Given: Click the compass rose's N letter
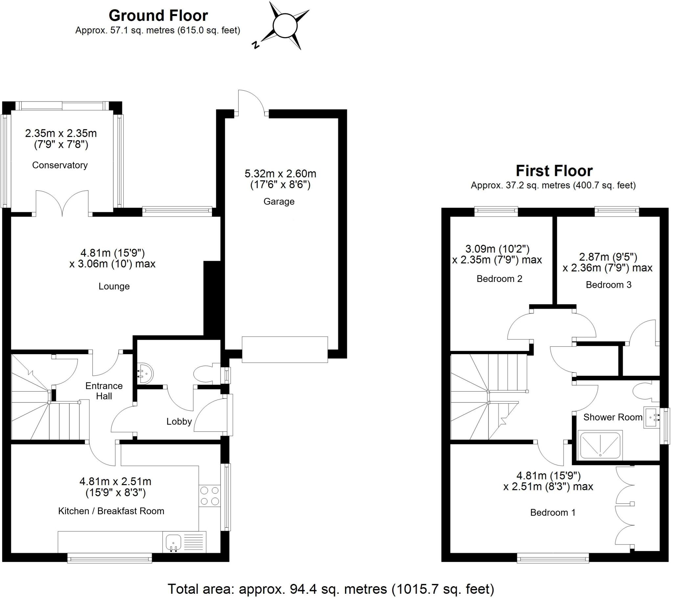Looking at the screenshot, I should pyautogui.click(x=255, y=45).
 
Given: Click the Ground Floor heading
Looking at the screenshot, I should pyautogui.click(x=158, y=15).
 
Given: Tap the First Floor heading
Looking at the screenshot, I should pyautogui.click(x=554, y=171).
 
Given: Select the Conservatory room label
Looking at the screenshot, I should pyautogui.click(x=59, y=165).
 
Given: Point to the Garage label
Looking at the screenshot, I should pyautogui.click(x=279, y=201).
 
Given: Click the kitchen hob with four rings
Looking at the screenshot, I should pyautogui.click(x=209, y=496).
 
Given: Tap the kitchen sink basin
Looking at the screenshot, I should pyautogui.click(x=173, y=541).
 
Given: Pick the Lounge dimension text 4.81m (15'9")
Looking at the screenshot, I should pyautogui.click(x=113, y=253).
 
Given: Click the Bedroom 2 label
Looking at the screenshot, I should pyautogui.click(x=499, y=279).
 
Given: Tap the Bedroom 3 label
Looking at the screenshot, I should pyautogui.click(x=608, y=285).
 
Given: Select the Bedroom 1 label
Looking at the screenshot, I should pyautogui.click(x=552, y=512).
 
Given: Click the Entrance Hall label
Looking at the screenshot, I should pyautogui.click(x=104, y=391).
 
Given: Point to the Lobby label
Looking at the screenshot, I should pyautogui.click(x=179, y=421).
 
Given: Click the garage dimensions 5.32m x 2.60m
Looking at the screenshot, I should pyautogui.click(x=280, y=173).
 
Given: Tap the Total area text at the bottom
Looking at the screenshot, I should pyautogui.click(x=331, y=588).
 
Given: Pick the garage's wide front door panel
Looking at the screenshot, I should pyautogui.click(x=285, y=349).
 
